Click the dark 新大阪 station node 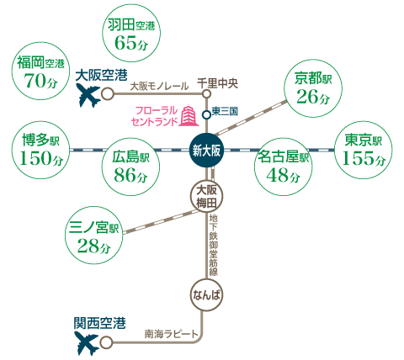click(x=207, y=151)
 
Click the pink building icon click(x=189, y=116)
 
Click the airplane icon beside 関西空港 click(x=88, y=343)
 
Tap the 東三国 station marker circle click(x=207, y=114)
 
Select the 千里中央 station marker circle click(x=207, y=93)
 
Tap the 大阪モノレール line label click(x=160, y=87)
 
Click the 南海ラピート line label click(x=172, y=334)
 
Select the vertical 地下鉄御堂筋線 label click(x=214, y=245)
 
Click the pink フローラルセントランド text click(x=155, y=116)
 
